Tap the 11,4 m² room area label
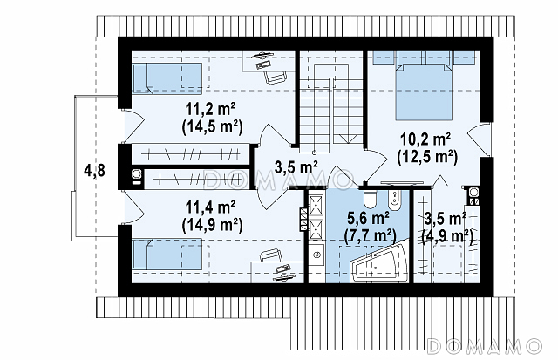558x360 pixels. coord(211,207)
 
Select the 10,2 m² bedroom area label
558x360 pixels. coord(426,139)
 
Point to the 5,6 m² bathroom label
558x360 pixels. coord(368,218)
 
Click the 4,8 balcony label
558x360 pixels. coord(94,171)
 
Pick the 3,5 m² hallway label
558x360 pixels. coord(296,166)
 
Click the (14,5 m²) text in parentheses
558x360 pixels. coord(212,127)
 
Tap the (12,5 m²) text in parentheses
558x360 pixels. coord(426,157)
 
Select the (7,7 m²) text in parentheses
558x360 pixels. coord(370,235)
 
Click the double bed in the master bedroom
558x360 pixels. coord(424,91)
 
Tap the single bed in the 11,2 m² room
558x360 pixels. coord(167,78)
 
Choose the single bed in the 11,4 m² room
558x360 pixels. coord(167,254)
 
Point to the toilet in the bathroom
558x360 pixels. coord(370,199)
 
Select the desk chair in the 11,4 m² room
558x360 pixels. coord(270,255)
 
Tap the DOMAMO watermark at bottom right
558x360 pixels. coord(484,346)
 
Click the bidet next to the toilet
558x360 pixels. coord(394,200)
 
